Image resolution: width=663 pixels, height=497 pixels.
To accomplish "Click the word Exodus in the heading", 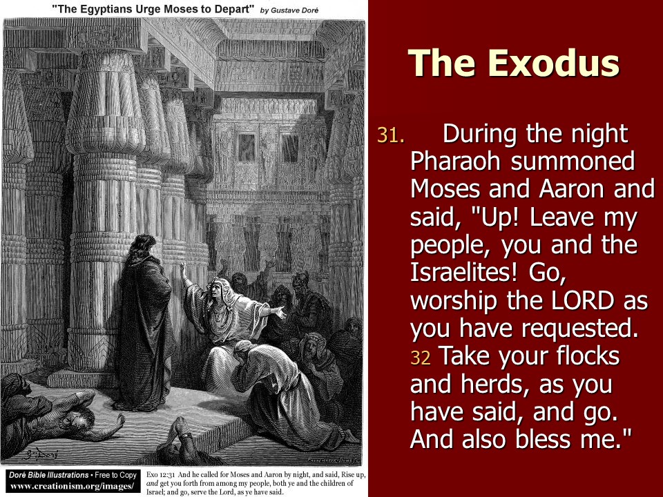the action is [554, 63].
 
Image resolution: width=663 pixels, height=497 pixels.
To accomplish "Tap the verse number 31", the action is [390, 135].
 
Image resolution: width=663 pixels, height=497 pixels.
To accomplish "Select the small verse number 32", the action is [421, 358].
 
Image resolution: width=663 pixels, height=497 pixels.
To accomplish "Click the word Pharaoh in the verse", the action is [456, 161].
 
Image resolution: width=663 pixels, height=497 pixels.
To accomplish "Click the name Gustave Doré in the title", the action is [294, 10].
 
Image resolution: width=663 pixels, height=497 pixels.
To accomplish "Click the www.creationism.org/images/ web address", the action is [70, 486].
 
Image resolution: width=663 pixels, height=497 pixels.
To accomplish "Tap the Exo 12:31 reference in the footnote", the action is [160, 475].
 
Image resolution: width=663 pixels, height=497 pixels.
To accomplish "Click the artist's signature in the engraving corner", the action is [40, 454].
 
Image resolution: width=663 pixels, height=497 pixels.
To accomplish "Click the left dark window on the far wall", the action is [246, 148].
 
